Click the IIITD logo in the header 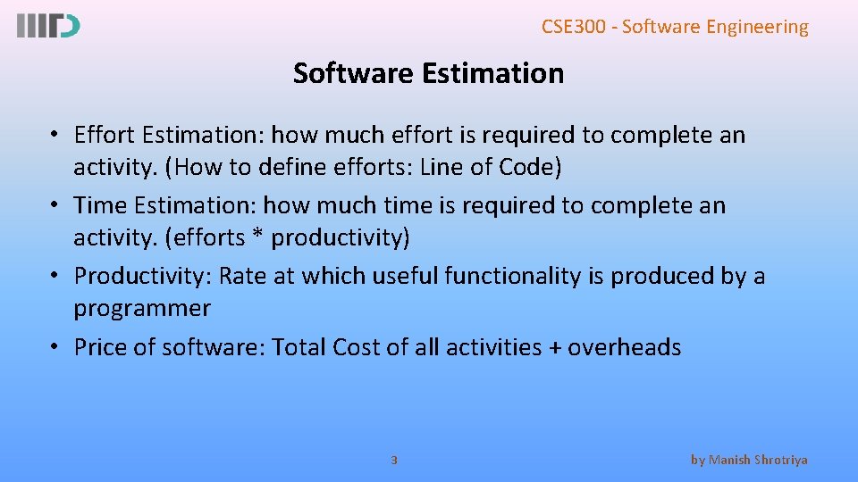48,26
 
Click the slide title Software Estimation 428,73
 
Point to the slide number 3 394,461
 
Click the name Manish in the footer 732,461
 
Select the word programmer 142,309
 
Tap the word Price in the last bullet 101,347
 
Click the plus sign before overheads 555,348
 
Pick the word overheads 625,347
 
